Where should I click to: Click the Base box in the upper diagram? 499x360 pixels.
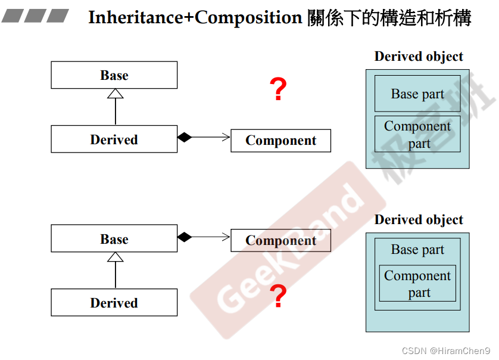(x=114, y=75)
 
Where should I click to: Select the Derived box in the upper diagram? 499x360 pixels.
(x=114, y=139)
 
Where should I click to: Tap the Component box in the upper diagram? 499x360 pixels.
(x=280, y=140)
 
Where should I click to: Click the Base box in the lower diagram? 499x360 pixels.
(x=114, y=238)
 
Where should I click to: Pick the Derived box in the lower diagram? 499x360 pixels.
(x=114, y=302)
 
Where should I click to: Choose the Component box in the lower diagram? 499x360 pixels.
(x=280, y=240)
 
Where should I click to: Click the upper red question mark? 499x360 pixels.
(x=278, y=90)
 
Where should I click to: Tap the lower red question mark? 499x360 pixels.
(x=278, y=296)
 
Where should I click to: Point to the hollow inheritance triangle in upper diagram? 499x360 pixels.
(x=115, y=93)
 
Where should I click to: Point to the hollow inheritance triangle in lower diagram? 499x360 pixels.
(x=115, y=257)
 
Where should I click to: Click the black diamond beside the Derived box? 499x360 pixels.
(x=185, y=138)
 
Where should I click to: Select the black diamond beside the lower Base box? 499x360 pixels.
(x=185, y=237)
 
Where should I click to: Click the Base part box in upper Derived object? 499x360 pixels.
(x=417, y=94)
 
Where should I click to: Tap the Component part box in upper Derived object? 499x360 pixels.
(x=417, y=134)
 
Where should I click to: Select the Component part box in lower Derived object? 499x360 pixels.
(x=417, y=284)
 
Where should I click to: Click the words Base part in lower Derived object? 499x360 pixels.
(x=417, y=250)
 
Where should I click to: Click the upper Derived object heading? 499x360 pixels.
(x=419, y=57)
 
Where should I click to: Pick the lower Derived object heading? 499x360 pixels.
(x=419, y=220)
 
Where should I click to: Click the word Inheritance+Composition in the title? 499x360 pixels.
(x=195, y=18)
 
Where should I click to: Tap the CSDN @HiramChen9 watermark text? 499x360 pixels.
(x=446, y=351)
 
